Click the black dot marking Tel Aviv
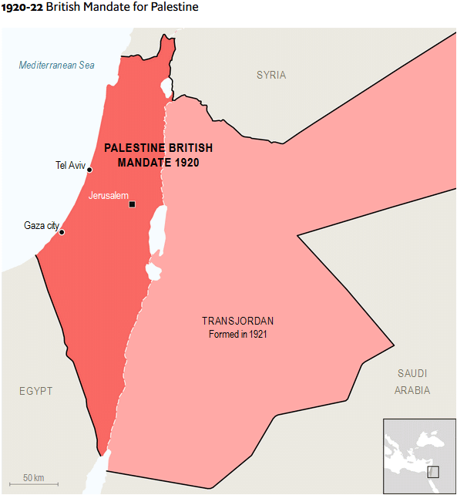(x=89, y=170)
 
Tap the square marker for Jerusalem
(x=133, y=204)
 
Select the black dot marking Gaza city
(x=62, y=232)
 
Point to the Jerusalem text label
(x=109, y=196)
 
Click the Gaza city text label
(x=42, y=226)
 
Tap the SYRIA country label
(x=271, y=75)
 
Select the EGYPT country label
(x=36, y=392)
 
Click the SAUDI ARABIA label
(x=412, y=382)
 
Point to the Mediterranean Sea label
(x=57, y=65)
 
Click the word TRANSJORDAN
(x=238, y=321)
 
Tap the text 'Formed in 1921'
(x=238, y=335)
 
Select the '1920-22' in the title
(x=22, y=8)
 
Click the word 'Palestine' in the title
(x=176, y=8)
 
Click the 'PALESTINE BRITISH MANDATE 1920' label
(x=158, y=155)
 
